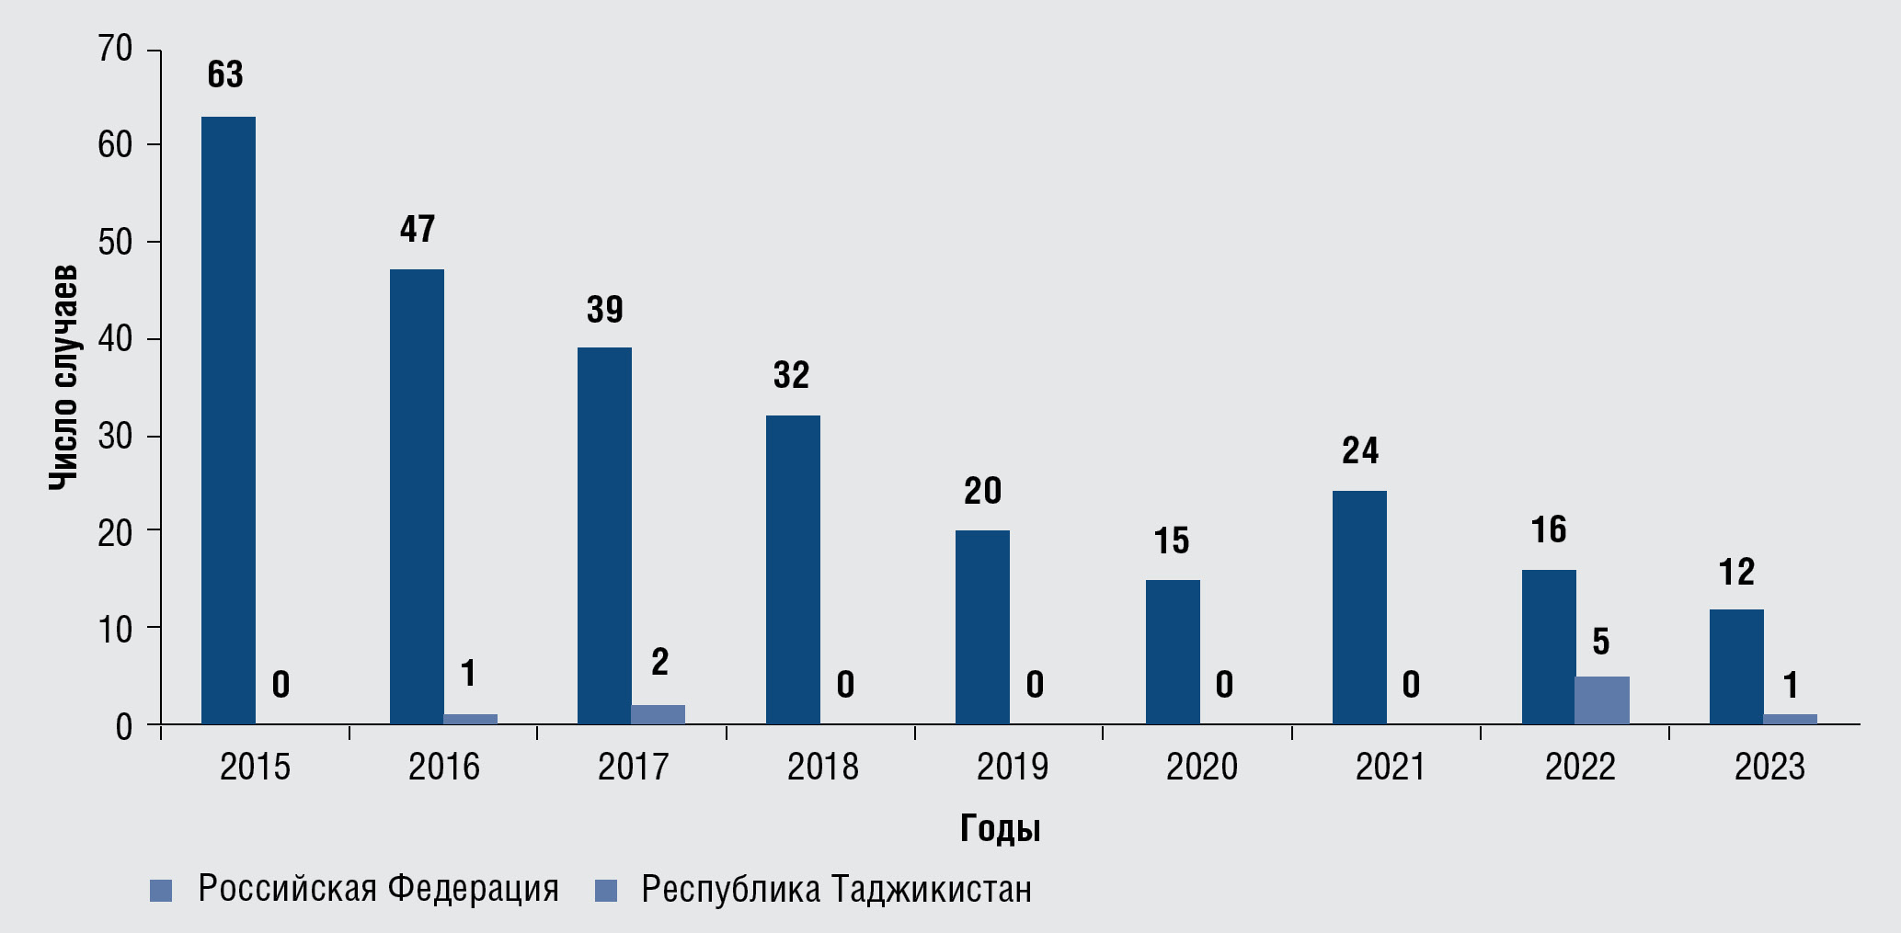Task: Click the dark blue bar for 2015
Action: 228,420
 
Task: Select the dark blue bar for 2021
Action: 1359,607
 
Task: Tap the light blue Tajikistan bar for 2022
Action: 1601,700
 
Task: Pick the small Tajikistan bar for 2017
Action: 658,714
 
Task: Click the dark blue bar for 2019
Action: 982,627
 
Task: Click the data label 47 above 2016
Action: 418,229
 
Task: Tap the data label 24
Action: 1360,450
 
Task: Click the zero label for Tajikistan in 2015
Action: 281,685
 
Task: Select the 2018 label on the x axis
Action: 822,767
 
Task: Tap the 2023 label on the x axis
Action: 1769,767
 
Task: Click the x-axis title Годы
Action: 1000,829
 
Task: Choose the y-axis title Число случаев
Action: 63,377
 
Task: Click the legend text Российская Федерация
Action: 378,889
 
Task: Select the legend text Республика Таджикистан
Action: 836,889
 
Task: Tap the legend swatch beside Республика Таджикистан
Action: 606,891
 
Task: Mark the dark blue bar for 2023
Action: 1736,666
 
